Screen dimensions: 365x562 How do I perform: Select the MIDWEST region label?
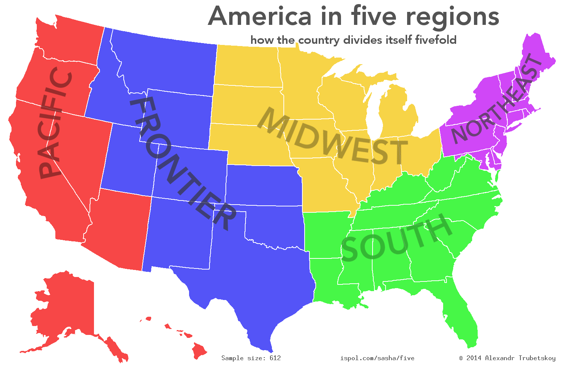332,137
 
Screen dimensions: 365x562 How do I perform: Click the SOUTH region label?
396,238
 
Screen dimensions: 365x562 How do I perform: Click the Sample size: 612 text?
251,358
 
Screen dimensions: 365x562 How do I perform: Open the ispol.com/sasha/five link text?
377,358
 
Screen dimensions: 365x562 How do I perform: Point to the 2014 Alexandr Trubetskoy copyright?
507,358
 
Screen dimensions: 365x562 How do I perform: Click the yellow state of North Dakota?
247,65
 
